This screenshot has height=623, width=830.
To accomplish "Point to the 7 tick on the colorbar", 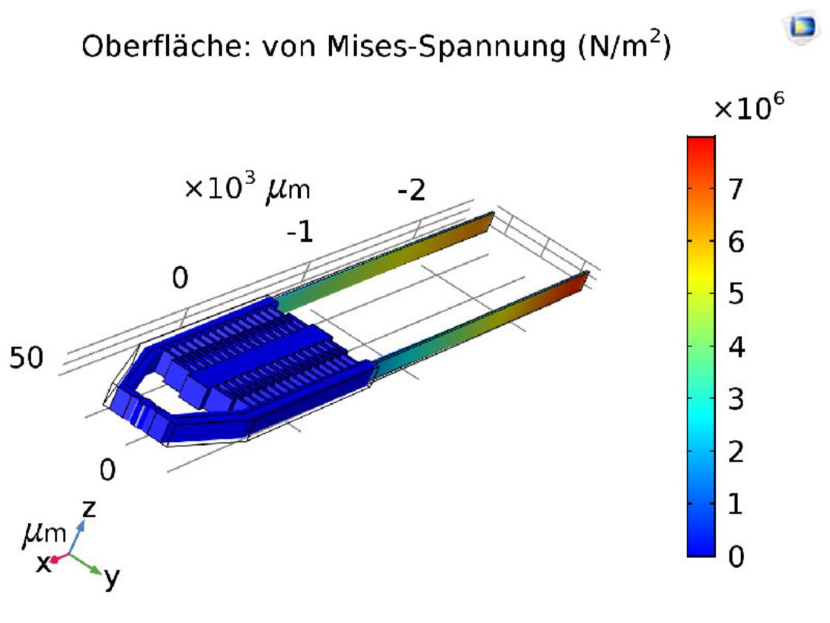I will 735,189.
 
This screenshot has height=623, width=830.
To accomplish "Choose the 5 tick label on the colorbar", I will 735,294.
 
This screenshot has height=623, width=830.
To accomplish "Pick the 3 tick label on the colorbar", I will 735,400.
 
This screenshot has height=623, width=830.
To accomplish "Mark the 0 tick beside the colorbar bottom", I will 735,556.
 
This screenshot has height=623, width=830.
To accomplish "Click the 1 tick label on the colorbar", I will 735,504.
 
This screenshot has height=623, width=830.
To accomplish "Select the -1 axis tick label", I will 300,234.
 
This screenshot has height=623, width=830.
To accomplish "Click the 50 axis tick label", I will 26,358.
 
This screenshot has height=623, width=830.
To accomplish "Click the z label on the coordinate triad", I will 90,509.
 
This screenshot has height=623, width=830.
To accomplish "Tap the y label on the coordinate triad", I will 111,577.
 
